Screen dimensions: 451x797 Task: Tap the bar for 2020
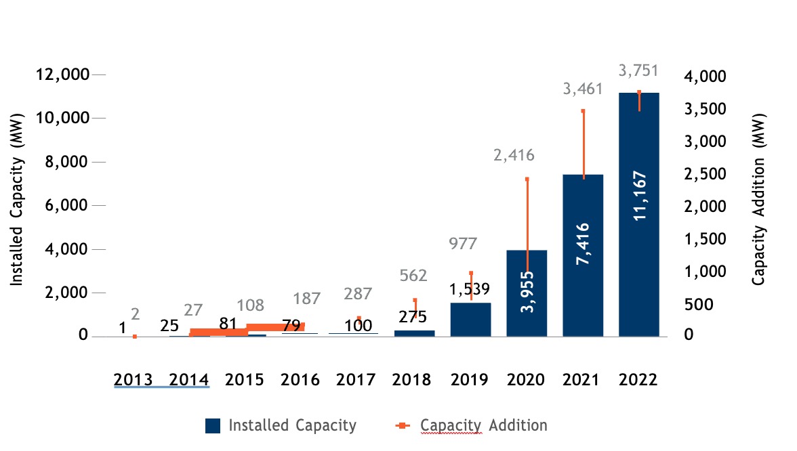527,312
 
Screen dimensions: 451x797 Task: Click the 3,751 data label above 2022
638,70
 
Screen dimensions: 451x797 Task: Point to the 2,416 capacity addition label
514,155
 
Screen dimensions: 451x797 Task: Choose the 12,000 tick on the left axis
62,74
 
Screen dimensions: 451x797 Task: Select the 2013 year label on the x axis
132,379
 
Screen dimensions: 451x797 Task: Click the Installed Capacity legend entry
281,425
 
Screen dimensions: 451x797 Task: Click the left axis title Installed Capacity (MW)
17,205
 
